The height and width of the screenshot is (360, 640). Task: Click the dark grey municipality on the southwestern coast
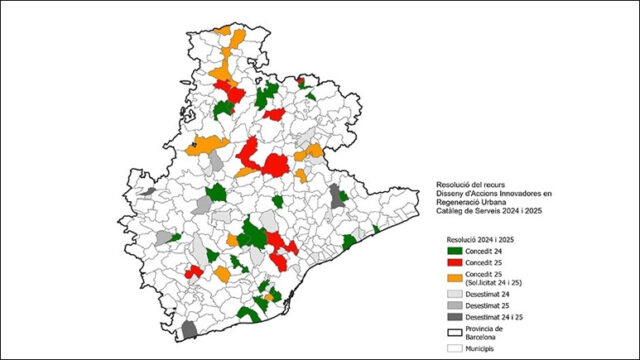pyautogui.click(x=189, y=329)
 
